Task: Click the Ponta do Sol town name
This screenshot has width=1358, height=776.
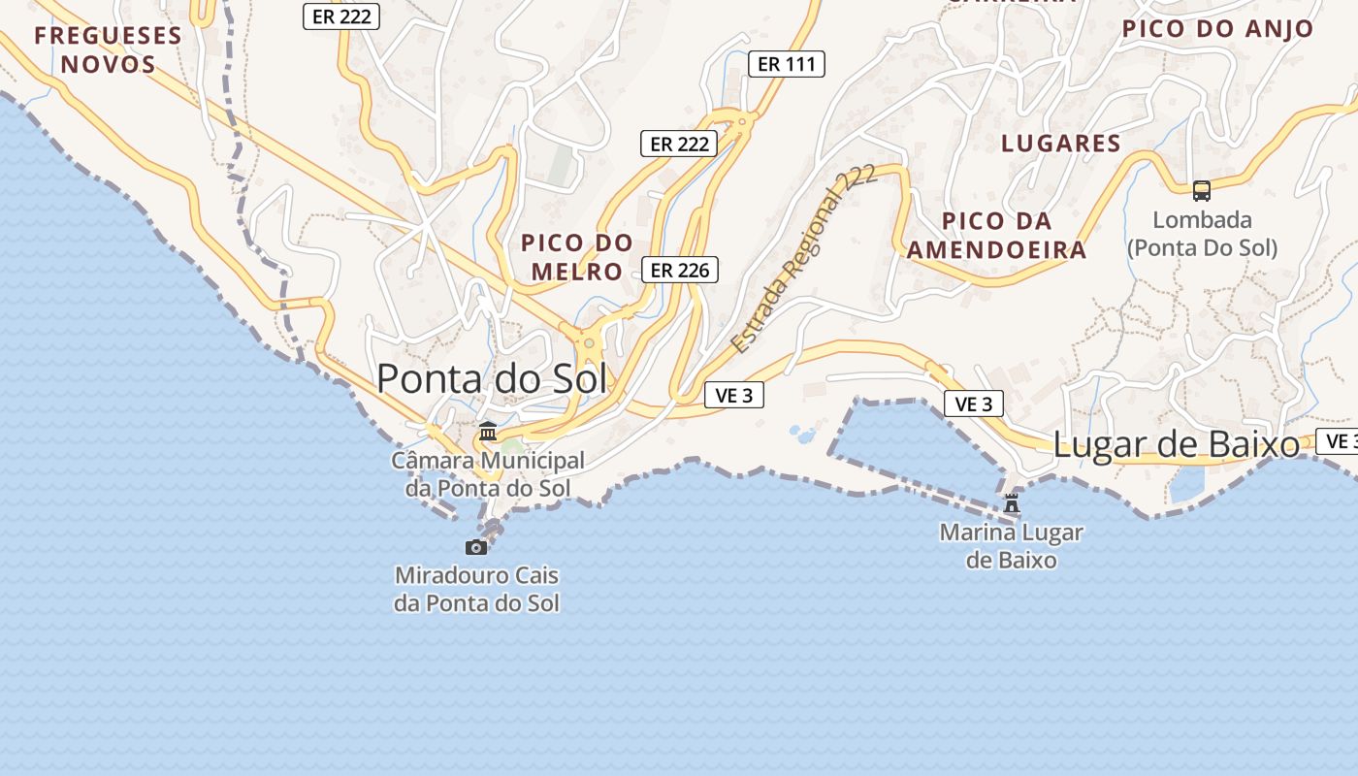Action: point(492,378)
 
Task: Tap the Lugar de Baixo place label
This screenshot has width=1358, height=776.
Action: point(1176,445)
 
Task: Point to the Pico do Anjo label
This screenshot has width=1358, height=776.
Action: point(1217,29)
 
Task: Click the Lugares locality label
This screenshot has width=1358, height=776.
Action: point(1060,144)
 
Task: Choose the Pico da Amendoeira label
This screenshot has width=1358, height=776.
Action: point(996,235)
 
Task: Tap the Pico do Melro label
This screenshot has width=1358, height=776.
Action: point(576,257)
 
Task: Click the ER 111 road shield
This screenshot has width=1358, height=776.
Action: point(787,64)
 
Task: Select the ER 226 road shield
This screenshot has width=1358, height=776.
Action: point(680,270)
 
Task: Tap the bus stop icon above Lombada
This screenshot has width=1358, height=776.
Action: point(1202,191)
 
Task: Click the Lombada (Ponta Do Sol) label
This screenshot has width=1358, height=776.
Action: point(1202,234)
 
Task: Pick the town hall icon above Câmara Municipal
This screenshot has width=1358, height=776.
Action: point(488,431)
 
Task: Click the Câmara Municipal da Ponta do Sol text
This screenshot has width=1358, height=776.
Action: point(488,474)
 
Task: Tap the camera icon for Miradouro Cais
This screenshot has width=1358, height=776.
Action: point(476,547)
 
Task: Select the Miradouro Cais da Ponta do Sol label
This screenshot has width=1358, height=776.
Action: point(476,589)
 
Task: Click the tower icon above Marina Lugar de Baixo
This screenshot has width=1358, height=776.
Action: point(1012,503)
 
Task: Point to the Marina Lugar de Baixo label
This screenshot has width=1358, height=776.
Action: point(1012,546)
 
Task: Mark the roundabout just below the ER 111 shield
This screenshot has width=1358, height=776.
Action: point(743,121)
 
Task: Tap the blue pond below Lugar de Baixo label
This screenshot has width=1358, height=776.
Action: point(1186,485)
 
